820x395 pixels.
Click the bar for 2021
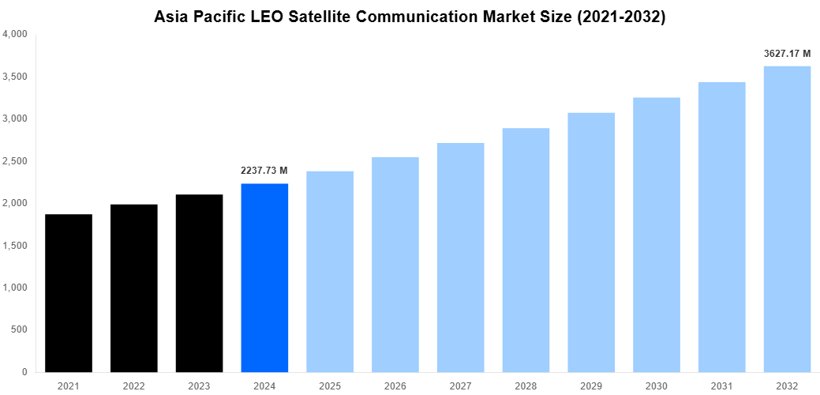point(69,293)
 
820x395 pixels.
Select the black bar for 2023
point(199,283)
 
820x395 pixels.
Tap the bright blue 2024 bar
point(264,277)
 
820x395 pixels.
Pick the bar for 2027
point(460,257)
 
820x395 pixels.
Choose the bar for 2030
point(657,235)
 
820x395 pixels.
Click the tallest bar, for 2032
point(787,219)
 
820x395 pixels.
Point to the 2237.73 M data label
point(264,171)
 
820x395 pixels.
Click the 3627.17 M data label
point(787,54)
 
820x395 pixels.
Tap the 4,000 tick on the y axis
point(16,35)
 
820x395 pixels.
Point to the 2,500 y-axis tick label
point(16,161)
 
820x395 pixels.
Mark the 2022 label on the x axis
point(133,385)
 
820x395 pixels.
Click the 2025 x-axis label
point(330,385)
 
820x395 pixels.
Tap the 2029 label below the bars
point(591,385)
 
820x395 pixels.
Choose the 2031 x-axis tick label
point(721,385)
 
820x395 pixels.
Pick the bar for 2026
point(395,264)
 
